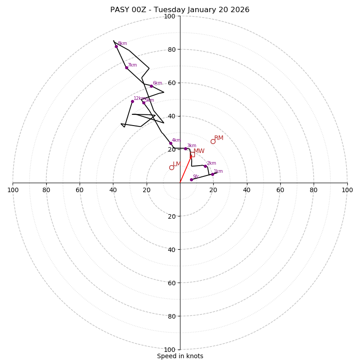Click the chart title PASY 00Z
pyautogui.click(x=180, y=10)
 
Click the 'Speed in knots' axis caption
pyautogui.click(x=180, y=356)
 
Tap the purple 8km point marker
pyautogui.click(x=116, y=46)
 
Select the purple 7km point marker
pyautogui.click(x=126, y=67)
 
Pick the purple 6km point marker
pyautogui.click(x=151, y=86)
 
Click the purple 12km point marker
pyautogui.click(x=132, y=101)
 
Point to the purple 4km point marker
pyautogui.click(x=171, y=143)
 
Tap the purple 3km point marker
pyautogui.click(x=185, y=148)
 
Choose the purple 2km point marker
pyautogui.click(x=205, y=166)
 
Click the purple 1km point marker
pyautogui.click(x=212, y=174)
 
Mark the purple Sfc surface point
pyautogui.click(x=191, y=180)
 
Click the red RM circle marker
pyautogui.click(x=213, y=141)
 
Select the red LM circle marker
pyautogui.click(x=171, y=167)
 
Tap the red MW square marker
pyautogui.click(x=192, y=154)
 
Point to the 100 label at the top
pyautogui.click(x=170, y=16)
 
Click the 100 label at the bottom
pyautogui.click(x=170, y=350)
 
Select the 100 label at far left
pyautogui.click(x=13, y=190)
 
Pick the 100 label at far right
pyautogui.click(x=347, y=190)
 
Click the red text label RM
pyautogui.click(x=219, y=138)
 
